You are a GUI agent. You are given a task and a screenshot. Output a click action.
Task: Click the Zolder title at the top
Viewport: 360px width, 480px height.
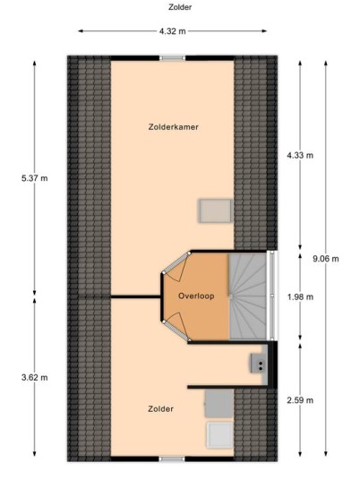pyautogui.click(x=180, y=7)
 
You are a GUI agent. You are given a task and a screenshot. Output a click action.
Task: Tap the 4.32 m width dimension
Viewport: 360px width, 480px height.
pyautogui.click(x=172, y=31)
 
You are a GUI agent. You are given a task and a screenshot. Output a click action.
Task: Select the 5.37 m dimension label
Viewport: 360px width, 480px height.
pyautogui.click(x=35, y=178)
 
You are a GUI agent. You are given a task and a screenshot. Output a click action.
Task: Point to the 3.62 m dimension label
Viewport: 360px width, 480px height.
pyautogui.click(x=35, y=377)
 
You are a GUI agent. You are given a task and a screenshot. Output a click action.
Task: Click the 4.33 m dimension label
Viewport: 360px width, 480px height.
pyautogui.click(x=300, y=155)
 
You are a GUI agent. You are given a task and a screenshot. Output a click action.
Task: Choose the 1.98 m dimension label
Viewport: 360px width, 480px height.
pyautogui.click(x=300, y=296)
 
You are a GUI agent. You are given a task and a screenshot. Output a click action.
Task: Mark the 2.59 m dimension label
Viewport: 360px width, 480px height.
pyautogui.click(x=300, y=400)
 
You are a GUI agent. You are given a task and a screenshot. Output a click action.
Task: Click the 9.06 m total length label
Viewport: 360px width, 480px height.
pyautogui.click(x=326, y=259)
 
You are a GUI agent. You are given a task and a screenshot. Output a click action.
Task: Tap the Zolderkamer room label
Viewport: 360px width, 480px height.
pyautogui.click(x=173, y=127)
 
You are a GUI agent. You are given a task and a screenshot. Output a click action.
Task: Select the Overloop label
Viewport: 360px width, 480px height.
pyautogui.click(x=196, y=296)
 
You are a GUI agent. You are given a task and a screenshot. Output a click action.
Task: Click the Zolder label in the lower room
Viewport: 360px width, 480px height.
pyautogui.click(x=160, y=409)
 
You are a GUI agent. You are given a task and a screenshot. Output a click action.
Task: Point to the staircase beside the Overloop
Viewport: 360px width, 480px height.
pyautogui.click(x=248, y=296)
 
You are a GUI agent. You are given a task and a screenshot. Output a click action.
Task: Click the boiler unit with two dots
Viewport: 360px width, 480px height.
pyautogui.click(x=257, y=364)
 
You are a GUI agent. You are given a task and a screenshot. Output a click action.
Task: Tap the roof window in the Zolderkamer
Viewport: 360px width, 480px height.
pyautogui.click(x=216, y=211)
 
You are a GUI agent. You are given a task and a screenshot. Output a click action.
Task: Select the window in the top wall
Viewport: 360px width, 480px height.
pyautogui.click(x=172, y=58)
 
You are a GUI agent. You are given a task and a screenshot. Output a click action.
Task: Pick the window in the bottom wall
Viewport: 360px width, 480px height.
pyautogui.click(x=172, y=459)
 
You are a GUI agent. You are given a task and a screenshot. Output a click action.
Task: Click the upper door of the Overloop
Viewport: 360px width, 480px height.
pyautogui.click(x=176, y=265)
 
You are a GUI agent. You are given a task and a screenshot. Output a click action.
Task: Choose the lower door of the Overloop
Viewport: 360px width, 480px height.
pyautogui.click(x=176, y=326)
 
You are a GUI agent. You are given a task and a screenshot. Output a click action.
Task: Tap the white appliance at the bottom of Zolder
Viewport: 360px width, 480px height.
pyautogui.click(x=219, y=435)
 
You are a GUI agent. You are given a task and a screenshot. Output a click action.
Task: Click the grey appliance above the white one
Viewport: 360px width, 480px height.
pyautogui.click(x=219, y=404)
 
